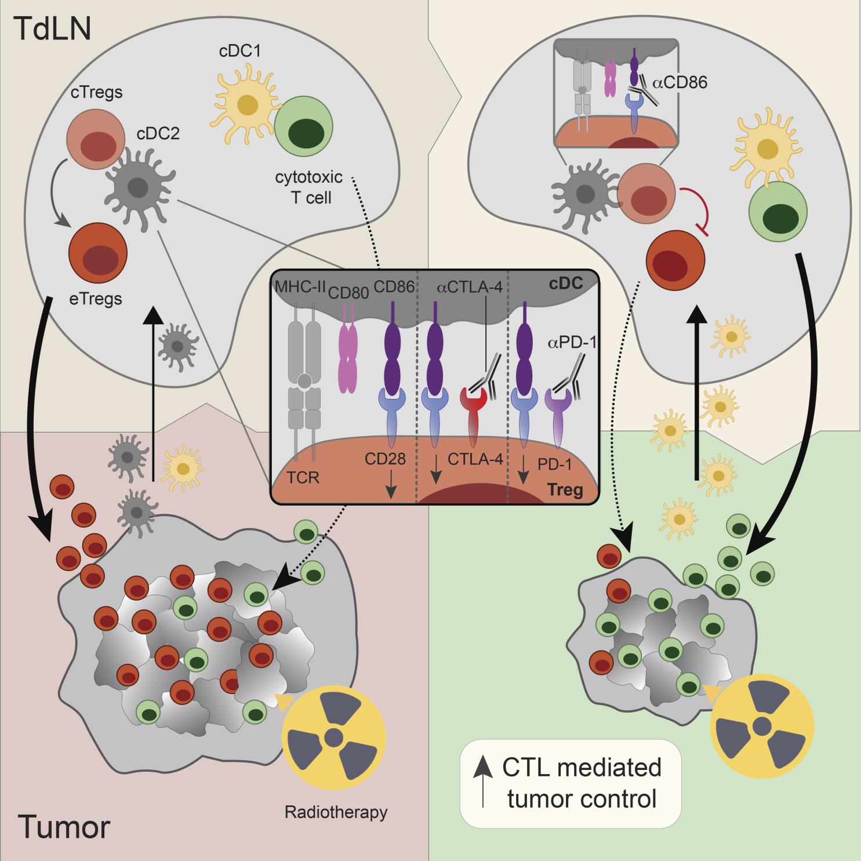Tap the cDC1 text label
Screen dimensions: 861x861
239,51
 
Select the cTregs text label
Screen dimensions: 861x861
96,92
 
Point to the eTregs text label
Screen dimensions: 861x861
96,299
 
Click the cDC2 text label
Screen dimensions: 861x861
158,133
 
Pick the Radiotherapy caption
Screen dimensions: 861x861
336,812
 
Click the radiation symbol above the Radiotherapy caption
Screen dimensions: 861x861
333,738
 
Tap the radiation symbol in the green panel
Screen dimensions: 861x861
762,725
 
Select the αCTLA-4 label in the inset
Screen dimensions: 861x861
469,287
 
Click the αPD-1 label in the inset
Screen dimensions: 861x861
572,343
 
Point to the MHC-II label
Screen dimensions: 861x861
300,286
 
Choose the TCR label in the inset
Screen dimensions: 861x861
303,478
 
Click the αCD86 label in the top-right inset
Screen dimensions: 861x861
680,82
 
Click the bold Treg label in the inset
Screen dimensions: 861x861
565,491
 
